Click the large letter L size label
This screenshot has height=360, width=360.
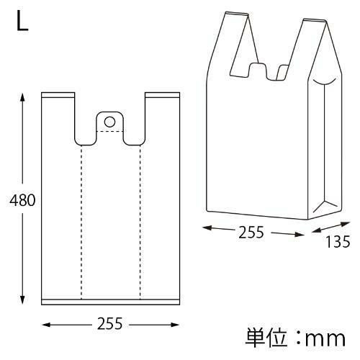pyautogui.click(x=22, y=22)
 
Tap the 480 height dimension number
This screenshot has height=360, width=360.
pyautogui.click(x=22, y=200)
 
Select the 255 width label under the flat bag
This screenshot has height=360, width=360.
pyautogui.click(x=110, y=323)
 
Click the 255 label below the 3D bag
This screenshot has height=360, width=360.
pyautogui.click(x=251, y=232)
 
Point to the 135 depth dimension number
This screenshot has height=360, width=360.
pyautogui.click(x=338, y=242)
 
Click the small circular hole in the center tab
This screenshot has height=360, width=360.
pyautogui.click(x=109, y=122)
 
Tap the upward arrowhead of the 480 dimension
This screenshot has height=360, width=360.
pyautogui.click(x=22, y=97)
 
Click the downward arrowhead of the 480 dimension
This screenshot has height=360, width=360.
pyautogui.click(x=22, y=300)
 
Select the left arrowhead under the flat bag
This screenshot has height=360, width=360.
pyautogui.click(x=46, y=325)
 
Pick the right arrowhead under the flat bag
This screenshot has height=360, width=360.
pyautogui.click(x=175, y=325)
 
